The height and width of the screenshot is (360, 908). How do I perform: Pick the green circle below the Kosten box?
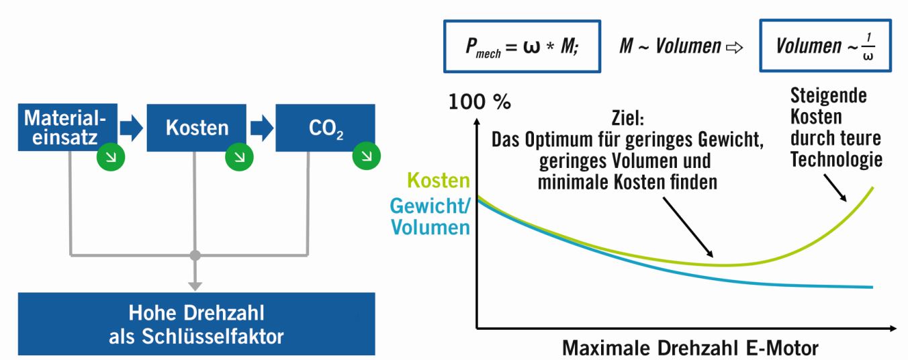point(235,159)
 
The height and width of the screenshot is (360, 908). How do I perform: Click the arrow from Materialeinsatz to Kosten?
point(132,128)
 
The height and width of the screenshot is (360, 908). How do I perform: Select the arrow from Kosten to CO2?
point(261,128)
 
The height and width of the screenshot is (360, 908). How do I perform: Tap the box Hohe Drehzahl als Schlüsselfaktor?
point(196,324)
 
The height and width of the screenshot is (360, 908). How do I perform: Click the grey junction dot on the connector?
point(195,256)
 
